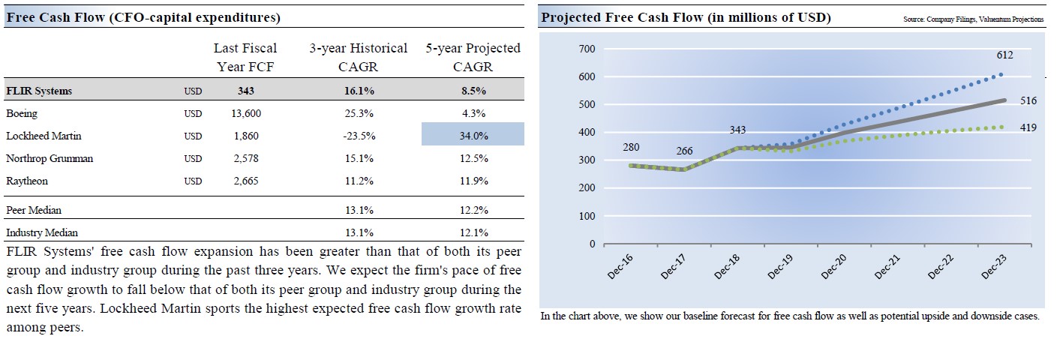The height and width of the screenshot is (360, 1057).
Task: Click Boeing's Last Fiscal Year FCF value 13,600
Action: (x=247, y=114)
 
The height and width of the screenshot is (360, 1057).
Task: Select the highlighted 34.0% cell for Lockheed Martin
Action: (x=473, y=136)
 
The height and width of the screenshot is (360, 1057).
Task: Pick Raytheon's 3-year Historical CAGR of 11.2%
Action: (x=358, y=181)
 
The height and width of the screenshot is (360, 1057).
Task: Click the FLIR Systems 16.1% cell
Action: (x=358, y=91)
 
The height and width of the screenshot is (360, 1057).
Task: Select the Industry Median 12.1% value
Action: (x=473, y=232)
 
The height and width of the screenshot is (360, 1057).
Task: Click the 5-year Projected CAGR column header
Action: (x=473, y=57)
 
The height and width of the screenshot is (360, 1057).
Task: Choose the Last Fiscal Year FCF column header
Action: (x=245, y=57)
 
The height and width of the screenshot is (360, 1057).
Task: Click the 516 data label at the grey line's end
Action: (x=1028, y=100)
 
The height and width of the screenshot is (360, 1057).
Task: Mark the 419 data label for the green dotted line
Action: (x=1028, y=127)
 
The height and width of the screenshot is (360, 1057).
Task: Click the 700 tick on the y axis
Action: (x=587, y=49)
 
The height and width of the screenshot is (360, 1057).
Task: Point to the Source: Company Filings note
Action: (x=973, y=19)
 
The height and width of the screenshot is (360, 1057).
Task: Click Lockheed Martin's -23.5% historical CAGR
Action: (x=358, y=136)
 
